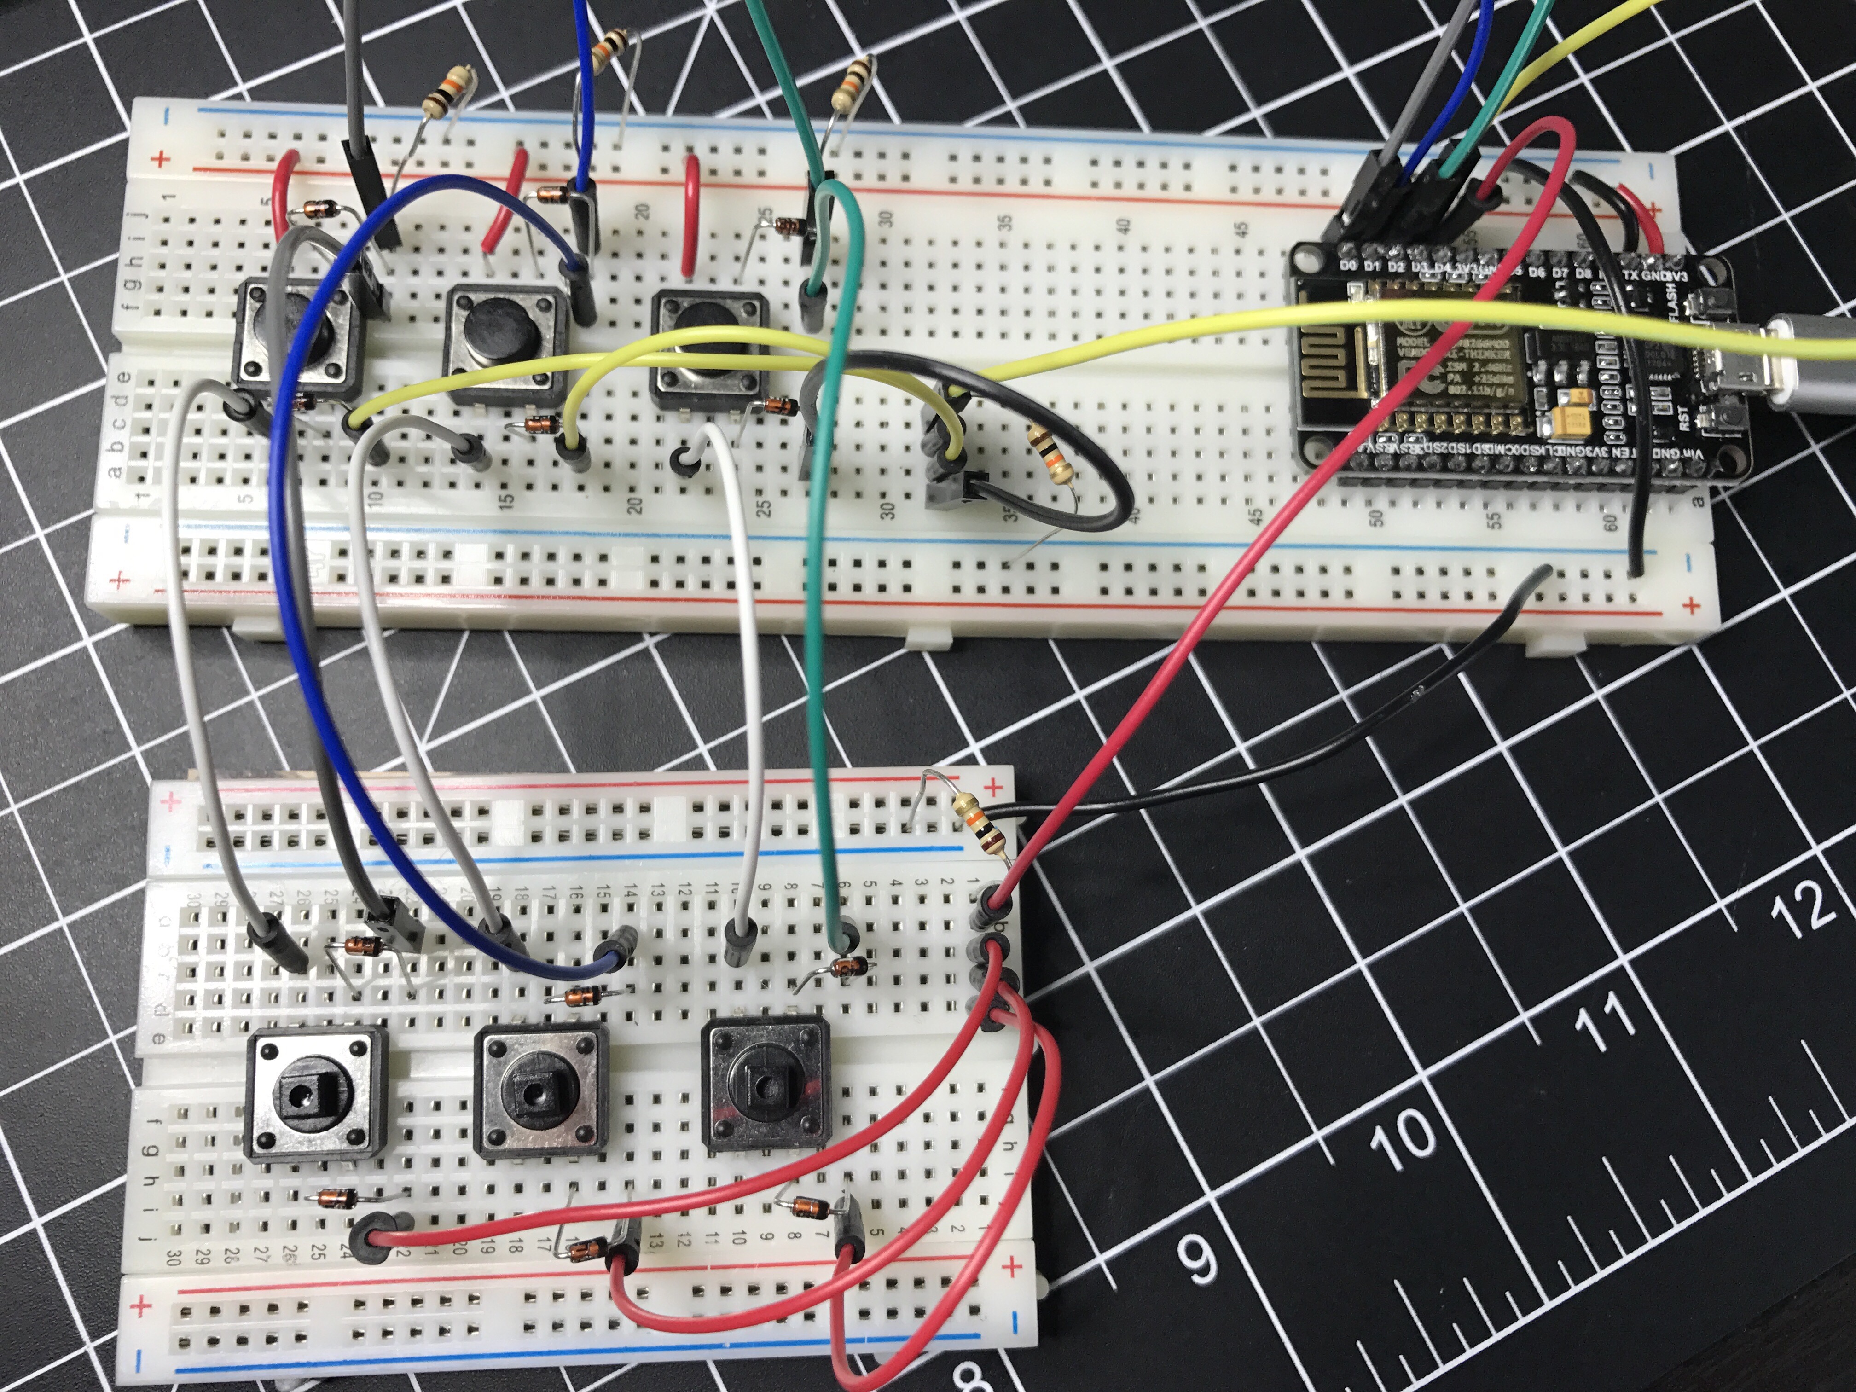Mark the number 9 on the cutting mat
(1198, 1256)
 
